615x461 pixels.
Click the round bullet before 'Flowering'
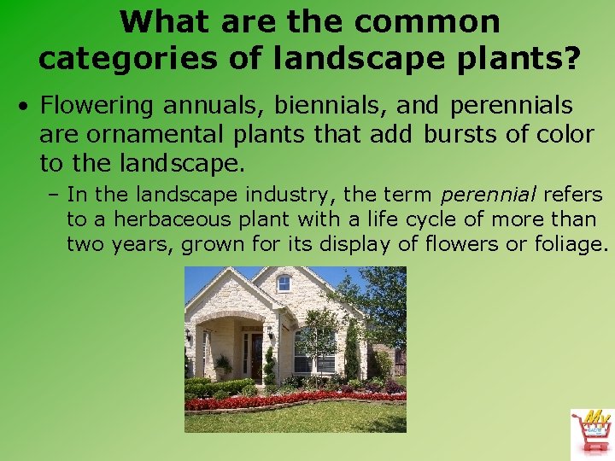pos(27,107)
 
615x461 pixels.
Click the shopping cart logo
pos(591,433)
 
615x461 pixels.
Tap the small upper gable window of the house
pos(284,283)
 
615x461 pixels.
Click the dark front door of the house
pos(255,357)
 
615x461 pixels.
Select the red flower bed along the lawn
pos(295,400)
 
